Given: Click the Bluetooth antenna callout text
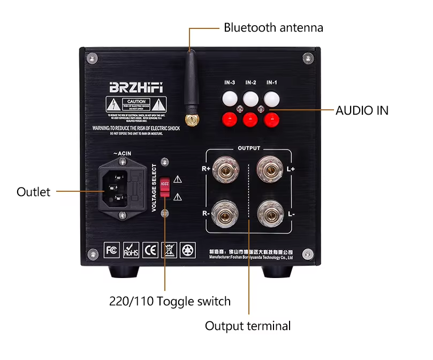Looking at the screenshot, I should pyautogui.click(x=273, y=27).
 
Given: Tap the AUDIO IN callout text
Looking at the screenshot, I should pyautogui.click(x=362, y=111).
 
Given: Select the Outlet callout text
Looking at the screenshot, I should pyautogui.click(x=33, y=192).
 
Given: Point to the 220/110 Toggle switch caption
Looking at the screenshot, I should pyautogui.click(x=170, y=301).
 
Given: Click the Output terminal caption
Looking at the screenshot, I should pyautogui.click(x=248, y=326).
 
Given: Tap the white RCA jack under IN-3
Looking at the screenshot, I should pyautogui.click(x=229, y=99).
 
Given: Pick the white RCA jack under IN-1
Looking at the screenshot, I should pyautogui.click(x=272, y=99).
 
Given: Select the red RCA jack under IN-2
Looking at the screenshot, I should pyautogui.click(x=250, y=119).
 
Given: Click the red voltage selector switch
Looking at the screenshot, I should pyautogui.click(x=165, y=188).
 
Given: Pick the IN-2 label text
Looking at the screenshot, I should pyautogui.click(x=250, y=82).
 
